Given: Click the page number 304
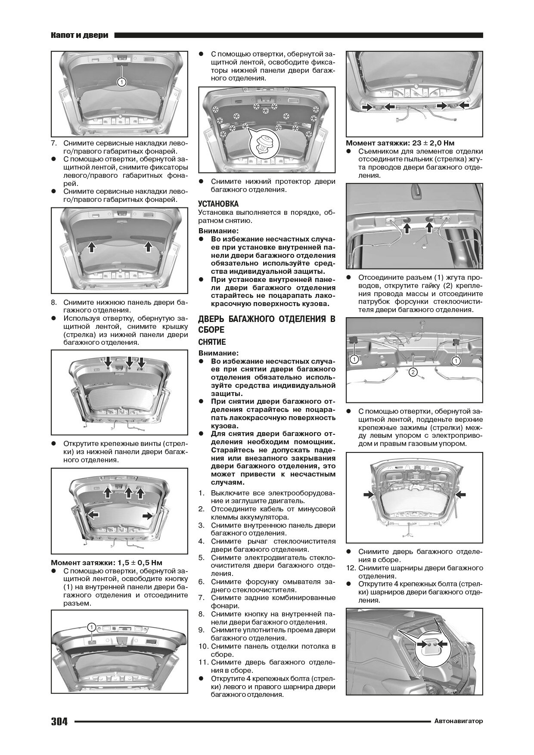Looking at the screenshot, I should coord(59,721).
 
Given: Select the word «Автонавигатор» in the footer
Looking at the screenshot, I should coord(458,721).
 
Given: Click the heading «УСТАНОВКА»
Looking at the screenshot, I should coord(218,204).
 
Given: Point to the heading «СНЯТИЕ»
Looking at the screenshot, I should coord(212,342).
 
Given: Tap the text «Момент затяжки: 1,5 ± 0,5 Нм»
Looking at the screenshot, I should coord(106,563).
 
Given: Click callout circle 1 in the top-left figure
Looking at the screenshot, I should coord(121,82).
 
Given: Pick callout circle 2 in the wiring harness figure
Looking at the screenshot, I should coord(413,372).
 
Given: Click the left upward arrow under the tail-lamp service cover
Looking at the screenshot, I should coord(91,246).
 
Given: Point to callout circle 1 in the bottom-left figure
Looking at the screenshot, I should coord(92,627).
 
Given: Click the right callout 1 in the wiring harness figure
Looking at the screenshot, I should coord(455,360).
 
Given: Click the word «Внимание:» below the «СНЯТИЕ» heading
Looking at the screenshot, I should coord(215,352).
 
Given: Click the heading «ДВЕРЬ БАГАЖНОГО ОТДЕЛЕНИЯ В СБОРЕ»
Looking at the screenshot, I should coord(266,324).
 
